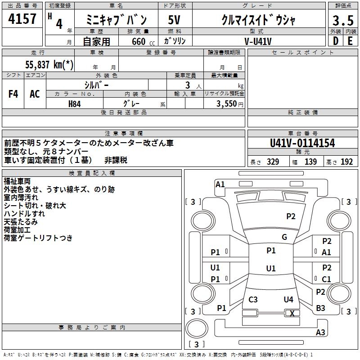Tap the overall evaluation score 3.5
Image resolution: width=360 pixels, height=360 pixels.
(342, 21)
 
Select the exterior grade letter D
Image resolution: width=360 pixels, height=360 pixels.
(335, 40)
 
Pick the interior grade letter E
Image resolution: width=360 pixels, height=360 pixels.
(350, 40)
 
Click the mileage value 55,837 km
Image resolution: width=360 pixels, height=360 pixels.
(49, 65)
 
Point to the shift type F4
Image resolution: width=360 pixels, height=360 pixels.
(13, 94)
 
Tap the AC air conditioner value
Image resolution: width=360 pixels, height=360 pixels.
(35, 94)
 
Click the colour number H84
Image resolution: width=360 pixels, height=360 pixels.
(75, 103)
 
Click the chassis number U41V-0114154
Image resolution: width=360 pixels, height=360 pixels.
(302, 143)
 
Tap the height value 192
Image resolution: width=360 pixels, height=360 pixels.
(347, 162)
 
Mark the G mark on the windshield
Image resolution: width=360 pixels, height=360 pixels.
(284, 237)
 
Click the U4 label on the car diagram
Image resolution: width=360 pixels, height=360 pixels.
(288, 299)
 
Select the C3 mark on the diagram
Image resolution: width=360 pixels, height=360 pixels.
(253, 299)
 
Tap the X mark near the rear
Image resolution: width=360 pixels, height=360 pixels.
(292, 313)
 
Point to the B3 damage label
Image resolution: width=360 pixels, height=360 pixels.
(320, 308)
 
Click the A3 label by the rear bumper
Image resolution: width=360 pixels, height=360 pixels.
(320, 333)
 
